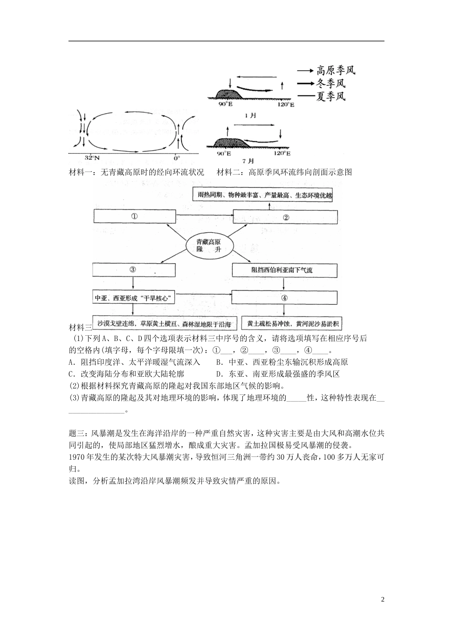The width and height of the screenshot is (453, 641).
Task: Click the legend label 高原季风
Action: (x=336, y=71)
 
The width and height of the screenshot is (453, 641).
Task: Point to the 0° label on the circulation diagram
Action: (x=176, y=157)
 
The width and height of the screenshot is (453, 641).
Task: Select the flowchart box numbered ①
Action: (x=134, y=217)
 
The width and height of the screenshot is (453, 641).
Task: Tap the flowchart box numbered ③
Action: (x=134, y=269)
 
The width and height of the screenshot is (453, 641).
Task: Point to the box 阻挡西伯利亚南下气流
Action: (x=285, y=270)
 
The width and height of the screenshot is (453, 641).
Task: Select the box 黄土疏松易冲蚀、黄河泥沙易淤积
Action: (x=293, y=324)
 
